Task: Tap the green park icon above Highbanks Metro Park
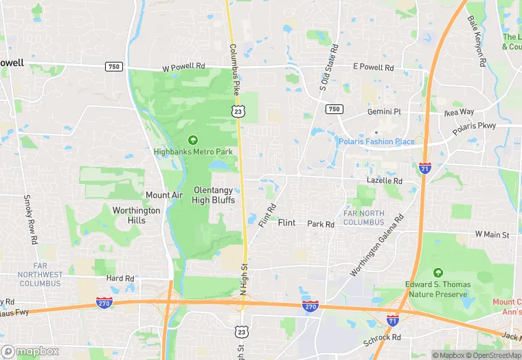coord(192,140)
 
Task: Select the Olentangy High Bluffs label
coord(214,195)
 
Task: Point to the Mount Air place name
coord(164,195)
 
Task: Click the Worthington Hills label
coord(136,215)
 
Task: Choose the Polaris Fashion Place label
coord(376,142)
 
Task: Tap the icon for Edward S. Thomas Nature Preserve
coord(438,273)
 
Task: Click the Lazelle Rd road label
coord(384,180)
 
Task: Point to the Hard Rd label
coord(120,278)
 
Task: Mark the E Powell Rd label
coord(373,68)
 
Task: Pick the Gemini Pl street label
coord(384,111)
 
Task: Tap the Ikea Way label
coord(457,112)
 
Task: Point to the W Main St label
coord(492,235)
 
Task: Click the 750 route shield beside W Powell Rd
coord(114,67)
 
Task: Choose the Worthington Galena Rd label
coord(377,245)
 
